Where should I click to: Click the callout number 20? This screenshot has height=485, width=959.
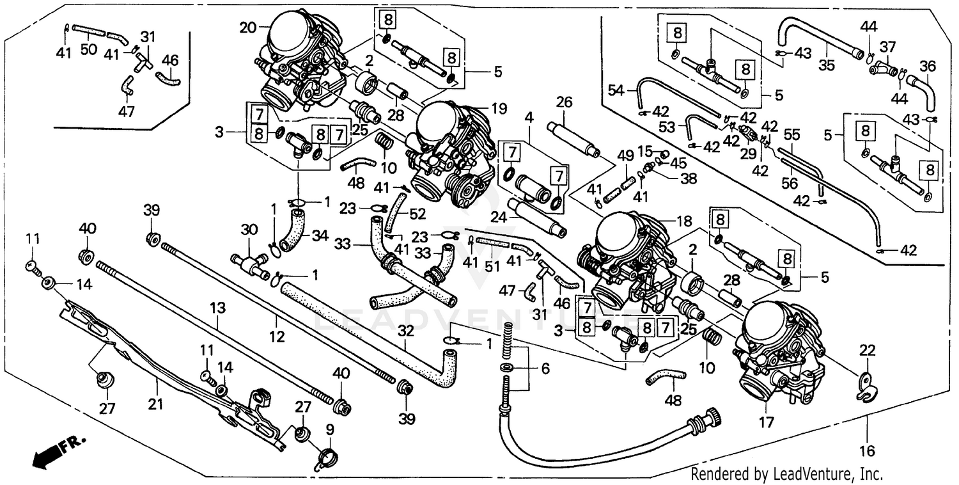247,28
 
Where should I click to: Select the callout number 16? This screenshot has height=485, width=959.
866,451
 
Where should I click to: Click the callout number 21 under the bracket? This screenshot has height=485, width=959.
157,404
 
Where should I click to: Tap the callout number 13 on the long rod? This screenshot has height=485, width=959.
219,308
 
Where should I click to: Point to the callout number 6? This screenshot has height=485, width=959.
545,369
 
